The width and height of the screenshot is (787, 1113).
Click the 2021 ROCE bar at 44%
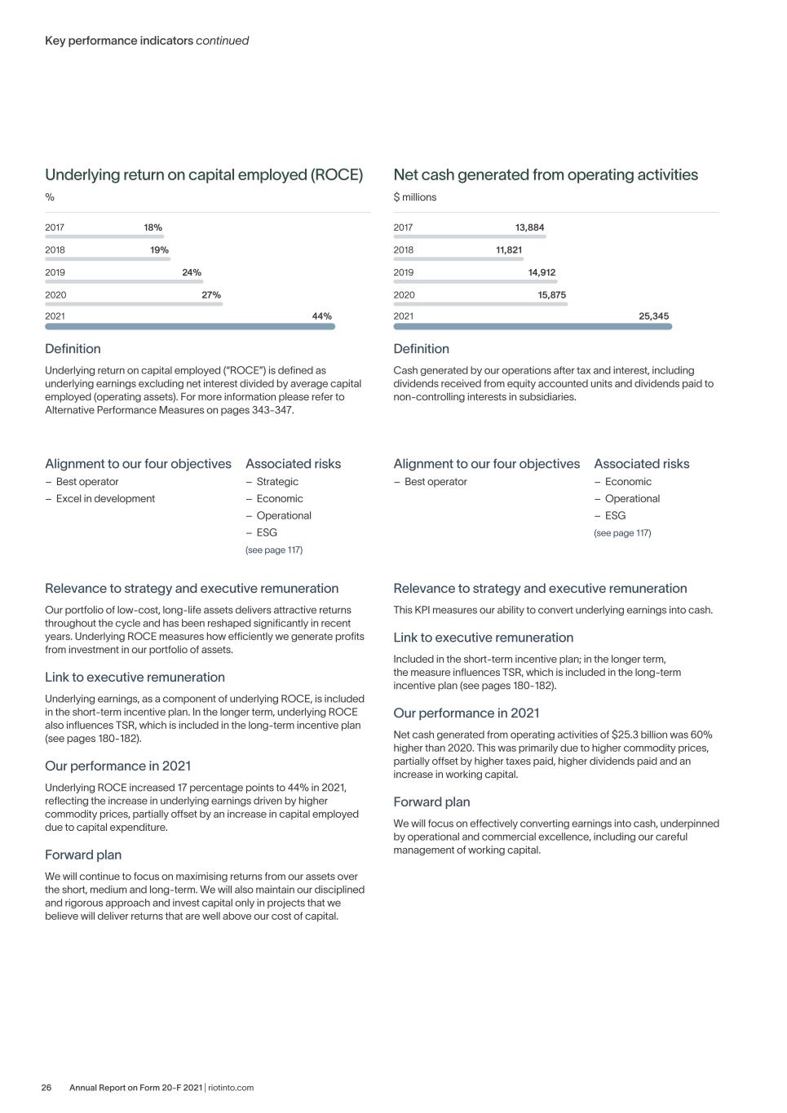coord(189,326)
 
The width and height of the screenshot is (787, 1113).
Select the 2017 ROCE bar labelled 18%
coord(104,236)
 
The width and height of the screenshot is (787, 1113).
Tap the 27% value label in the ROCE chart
coord(211,295)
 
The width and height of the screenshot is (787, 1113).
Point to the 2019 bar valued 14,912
coord(475,281)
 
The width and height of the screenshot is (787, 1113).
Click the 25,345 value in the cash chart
coord(654,316)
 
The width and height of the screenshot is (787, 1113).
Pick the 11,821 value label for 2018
coord(509,250)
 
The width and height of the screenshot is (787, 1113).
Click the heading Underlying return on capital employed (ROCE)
coord(204,174)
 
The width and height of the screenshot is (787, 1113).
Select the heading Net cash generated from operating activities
coord(546,174)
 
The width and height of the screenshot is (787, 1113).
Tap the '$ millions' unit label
coord(415,197)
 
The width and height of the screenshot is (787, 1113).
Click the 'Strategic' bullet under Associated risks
coord(277,482)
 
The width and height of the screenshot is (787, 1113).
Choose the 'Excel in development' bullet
coord(105,499)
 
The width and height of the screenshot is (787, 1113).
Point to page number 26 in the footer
coord(46,1088)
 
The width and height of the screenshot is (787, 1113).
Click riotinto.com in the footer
coord(231,1088)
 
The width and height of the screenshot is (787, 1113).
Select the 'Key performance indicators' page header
coord(119,41)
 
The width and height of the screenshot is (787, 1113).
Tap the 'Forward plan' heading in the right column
coord(431,802)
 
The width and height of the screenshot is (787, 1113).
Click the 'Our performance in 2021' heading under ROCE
coord(118,766)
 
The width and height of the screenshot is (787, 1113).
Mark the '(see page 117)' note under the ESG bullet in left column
coord(274,550)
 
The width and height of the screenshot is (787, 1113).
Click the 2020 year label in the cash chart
coord(404,295)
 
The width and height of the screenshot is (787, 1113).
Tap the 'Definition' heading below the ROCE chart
coord(73,349)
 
